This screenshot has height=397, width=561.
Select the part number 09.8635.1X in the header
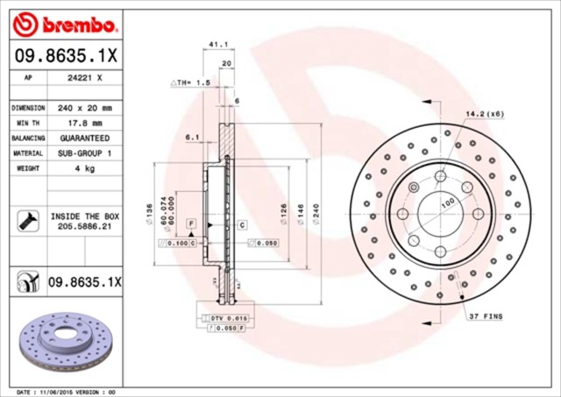click(x=67, y=55)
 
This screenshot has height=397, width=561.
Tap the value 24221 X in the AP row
click(x=85, y=77)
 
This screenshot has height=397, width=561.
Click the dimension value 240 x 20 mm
click(x=85, y=108)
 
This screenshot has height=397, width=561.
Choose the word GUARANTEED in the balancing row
click(x=85, y=138)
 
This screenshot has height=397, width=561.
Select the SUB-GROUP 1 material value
click(x=85, y=153)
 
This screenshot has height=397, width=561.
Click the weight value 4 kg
click(x=85, y=168)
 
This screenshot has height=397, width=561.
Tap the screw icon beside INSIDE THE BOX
click(x=25, y=221)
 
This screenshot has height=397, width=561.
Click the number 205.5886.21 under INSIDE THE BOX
click(x=85, y=226)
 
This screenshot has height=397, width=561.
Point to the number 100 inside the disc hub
click(x=447, y=203)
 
